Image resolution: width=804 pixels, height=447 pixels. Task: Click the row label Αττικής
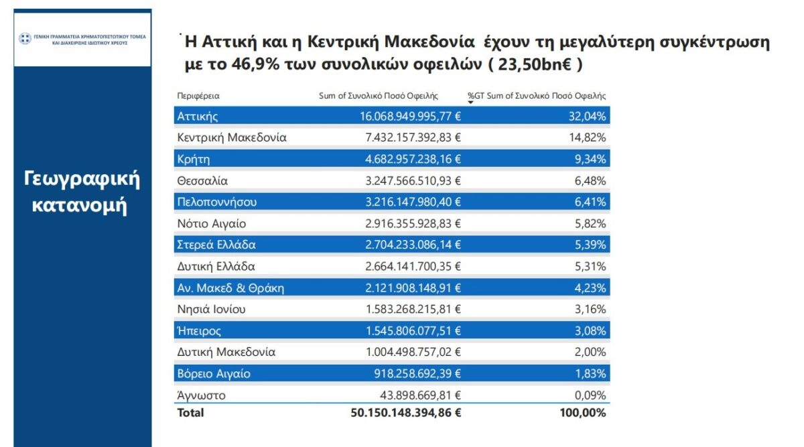tap(198, 117)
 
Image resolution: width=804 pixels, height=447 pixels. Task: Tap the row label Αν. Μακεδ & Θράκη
tap(231, 288)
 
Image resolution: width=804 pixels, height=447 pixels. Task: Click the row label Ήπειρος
tap(199, 330)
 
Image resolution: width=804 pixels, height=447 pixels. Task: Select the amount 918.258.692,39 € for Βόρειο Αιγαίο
tap(415, 373)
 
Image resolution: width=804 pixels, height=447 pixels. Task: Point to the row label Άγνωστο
tap(201, 395)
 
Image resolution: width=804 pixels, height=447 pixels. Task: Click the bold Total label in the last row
tap(190, 413)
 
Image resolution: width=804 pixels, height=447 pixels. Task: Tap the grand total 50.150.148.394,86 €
tap(406, 413)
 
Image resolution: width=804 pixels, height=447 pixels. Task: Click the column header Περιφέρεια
tap(198, 96)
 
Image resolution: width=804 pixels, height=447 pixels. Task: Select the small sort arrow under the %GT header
tap(470, 102)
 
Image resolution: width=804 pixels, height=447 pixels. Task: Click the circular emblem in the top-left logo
tap(25, 38)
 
